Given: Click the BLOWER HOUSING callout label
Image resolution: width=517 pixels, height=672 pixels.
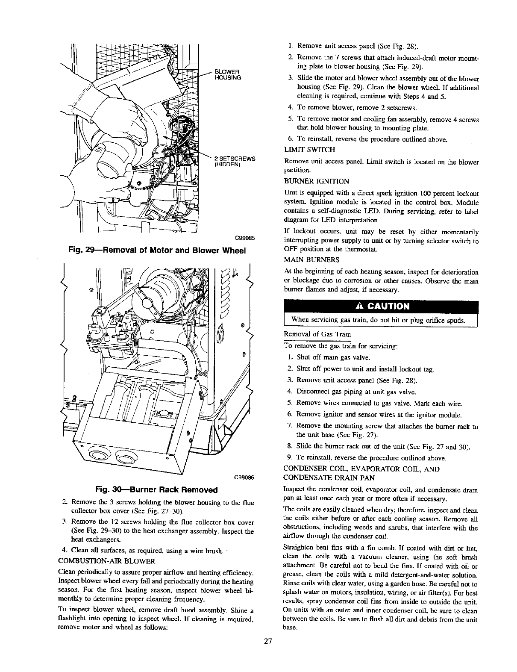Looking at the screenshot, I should tap(228, 74).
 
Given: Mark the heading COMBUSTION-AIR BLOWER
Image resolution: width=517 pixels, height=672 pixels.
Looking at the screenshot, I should tap(106, 560).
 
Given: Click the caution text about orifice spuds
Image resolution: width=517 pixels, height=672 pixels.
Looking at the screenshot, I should tap(379, 320).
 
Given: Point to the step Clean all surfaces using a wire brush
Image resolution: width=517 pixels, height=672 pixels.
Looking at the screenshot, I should tap(147, 550).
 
